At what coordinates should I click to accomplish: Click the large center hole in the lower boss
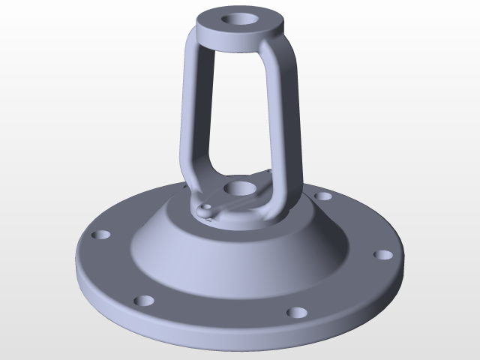[x=239, y=187]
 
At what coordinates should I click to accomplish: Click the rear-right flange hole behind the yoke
[x=323, y=196]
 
